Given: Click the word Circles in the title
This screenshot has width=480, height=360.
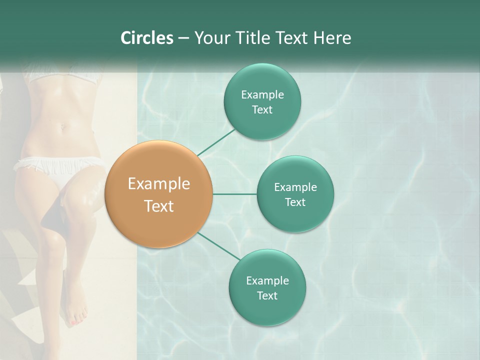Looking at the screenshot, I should click(147, 38).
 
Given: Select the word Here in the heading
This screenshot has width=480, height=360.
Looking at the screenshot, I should click(332, 38).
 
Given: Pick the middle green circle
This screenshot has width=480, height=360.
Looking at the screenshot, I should click(295, 217).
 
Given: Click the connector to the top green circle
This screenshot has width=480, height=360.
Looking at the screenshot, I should click(216, 142).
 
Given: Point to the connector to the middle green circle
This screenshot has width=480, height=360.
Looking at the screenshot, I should click(234, 194).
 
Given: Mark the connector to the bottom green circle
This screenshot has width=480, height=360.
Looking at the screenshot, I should click(218, 246).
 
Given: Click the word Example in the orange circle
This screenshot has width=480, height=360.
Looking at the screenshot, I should click(158, 184).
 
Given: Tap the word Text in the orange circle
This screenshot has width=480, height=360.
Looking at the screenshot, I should click(158, 206).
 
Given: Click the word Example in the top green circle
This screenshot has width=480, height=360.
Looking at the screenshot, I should click(262, 95).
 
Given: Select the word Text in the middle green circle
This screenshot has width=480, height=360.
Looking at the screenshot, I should click(295, 202).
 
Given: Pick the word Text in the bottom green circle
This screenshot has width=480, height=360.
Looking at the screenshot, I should click(267, 296).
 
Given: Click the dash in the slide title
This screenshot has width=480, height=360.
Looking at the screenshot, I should click(183, 38).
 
